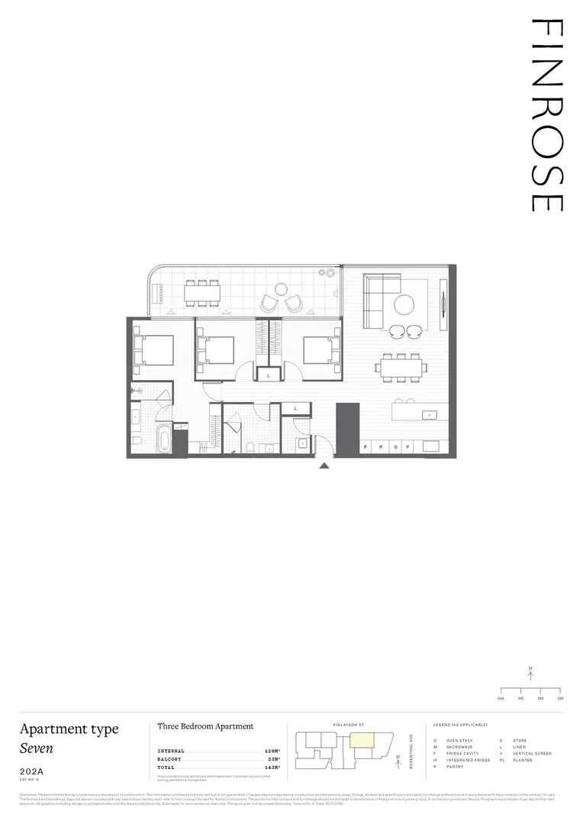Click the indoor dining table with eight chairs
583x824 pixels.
[x=401, y=367]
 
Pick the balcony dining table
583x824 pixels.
[x=202, y=292]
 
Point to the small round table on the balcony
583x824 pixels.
[x=281, y=289]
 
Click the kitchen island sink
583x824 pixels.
[x=430, y=416]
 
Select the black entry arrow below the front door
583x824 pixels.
[x=324, y=465]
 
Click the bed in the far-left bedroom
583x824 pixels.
[x=154, y=351]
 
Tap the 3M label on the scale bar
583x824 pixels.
[x=560, y=698]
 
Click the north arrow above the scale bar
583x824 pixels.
[x=530, y=673]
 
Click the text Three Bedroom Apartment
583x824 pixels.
[x=205, y=726]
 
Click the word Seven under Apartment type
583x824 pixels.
[x=37, y=748]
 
